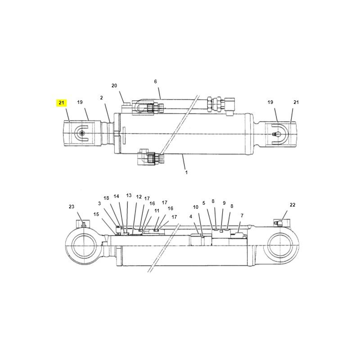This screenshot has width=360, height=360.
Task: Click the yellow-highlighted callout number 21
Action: point(61,103)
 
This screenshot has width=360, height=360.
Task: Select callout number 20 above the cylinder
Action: point(114,85)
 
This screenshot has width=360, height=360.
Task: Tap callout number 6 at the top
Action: point(155,81)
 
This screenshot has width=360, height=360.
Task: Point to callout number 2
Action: point(102,98)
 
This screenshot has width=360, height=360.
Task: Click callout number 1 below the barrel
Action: point(186,172)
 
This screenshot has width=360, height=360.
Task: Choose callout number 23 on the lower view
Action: point(72,207)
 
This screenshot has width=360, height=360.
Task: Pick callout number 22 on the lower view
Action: point(292,205)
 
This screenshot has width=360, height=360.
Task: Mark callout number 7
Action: point(242,216)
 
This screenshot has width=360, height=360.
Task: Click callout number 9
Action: point(224,203)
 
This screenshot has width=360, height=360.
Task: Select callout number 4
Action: point(190,216)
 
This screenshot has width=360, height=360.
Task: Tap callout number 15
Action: point(96,214)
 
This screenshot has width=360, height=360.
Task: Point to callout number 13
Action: point(129,195)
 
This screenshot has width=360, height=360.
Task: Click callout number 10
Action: point(196,207)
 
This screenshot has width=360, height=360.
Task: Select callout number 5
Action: point(204,203)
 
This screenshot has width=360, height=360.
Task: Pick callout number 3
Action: point(99,203)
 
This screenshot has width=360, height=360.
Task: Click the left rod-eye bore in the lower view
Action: point(84,246)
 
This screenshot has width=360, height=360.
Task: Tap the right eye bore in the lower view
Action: point(280,246)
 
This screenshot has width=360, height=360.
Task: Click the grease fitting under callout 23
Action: point(84,225)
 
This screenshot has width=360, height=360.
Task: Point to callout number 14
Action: point(117,196)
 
